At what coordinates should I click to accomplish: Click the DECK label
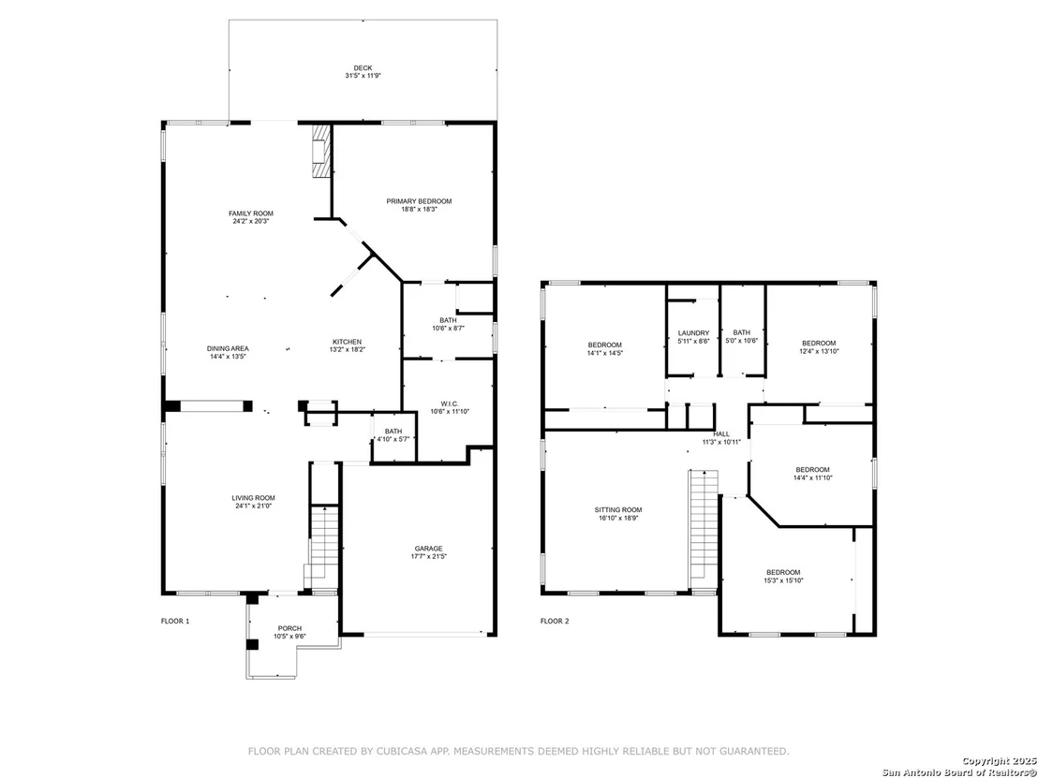(363, 67)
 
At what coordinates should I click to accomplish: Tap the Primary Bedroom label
(419, 201)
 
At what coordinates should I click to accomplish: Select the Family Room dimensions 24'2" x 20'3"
(251, 222)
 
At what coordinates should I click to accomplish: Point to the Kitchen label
(347, 342)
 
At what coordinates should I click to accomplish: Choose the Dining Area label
(228, 348)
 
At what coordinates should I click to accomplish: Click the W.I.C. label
(449, 404)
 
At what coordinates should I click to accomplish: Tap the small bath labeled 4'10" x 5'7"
(393, 435)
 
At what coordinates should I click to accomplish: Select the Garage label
(428, 549)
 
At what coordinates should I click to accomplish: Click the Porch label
(290, 628)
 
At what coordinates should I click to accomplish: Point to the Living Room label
(254, 498)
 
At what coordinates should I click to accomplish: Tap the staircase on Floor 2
(704, 526)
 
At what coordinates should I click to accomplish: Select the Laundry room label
(694, 332)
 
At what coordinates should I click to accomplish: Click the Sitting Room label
(618, 510)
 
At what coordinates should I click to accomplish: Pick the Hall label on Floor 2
(721, 434)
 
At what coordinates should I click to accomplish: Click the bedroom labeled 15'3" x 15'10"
(784, 576)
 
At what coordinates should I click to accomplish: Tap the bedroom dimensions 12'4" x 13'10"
(819, 351)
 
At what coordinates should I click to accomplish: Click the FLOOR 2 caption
(555, 622)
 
